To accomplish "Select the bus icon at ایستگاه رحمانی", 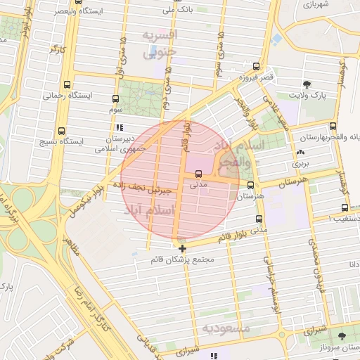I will pyautogui.click(x=66, y=84).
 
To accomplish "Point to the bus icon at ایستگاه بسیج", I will pyautogui.click(x=62, y=131).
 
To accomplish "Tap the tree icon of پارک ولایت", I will pyautogui.click(x=307, y=84).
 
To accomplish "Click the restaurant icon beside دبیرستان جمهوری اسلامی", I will pyautogui.click(x=120, y=128).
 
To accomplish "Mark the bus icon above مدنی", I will pyautogui.click(x=198, y=174).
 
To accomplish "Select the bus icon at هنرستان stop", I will pyautogui.click(x=251, y=185).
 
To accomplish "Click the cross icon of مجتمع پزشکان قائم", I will pyautogui.click(x=183, y=248).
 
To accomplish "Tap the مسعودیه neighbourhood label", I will pyautogui.click(x=225, y=328).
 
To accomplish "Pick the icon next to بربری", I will pyautogui.click(x=301, y=152).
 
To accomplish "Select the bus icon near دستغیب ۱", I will pyautogui.click(x=345, y=207).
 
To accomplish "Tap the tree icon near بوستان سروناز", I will pyautogui.click(x=342, y=337).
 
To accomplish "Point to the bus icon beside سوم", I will pyautogui.click(x=115, y=99).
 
